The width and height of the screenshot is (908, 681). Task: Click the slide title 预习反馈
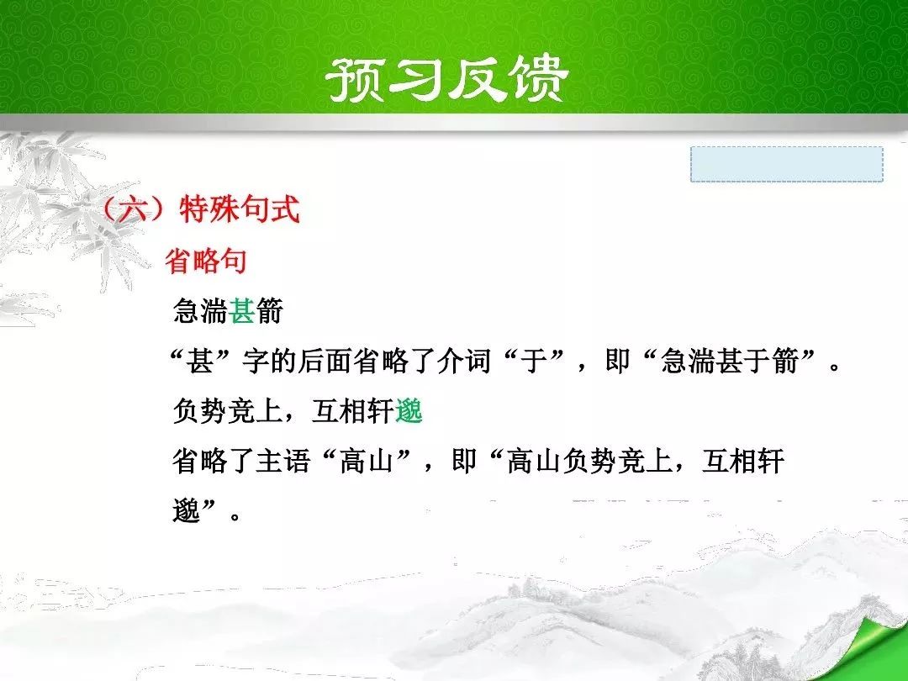tap(447, 79)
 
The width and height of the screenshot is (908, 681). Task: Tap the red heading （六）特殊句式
tap(201, 209)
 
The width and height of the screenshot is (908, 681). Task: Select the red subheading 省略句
tap(207, 261)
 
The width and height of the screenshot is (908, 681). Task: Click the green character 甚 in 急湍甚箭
tap(242, 311)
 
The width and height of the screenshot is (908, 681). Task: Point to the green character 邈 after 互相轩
tap(409, 411)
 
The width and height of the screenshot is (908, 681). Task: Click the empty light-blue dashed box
tap(786, 165)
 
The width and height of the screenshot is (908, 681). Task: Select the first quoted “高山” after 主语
tap(367, 462)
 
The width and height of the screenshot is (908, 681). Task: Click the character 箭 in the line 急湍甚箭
tap(270, 311)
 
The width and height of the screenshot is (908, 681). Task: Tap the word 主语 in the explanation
tap(283, 462)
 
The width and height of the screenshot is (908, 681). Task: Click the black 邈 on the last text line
tap(186, 511)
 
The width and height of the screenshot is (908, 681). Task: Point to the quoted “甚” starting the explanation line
tap(200, 361)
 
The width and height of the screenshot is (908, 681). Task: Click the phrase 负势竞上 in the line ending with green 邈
tap(227, 411)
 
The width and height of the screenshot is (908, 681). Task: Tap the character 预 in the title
tap(355, 80)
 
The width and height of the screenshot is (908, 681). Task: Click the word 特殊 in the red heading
tap(209, 209)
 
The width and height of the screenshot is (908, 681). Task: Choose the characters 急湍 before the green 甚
tap(200, 311)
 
